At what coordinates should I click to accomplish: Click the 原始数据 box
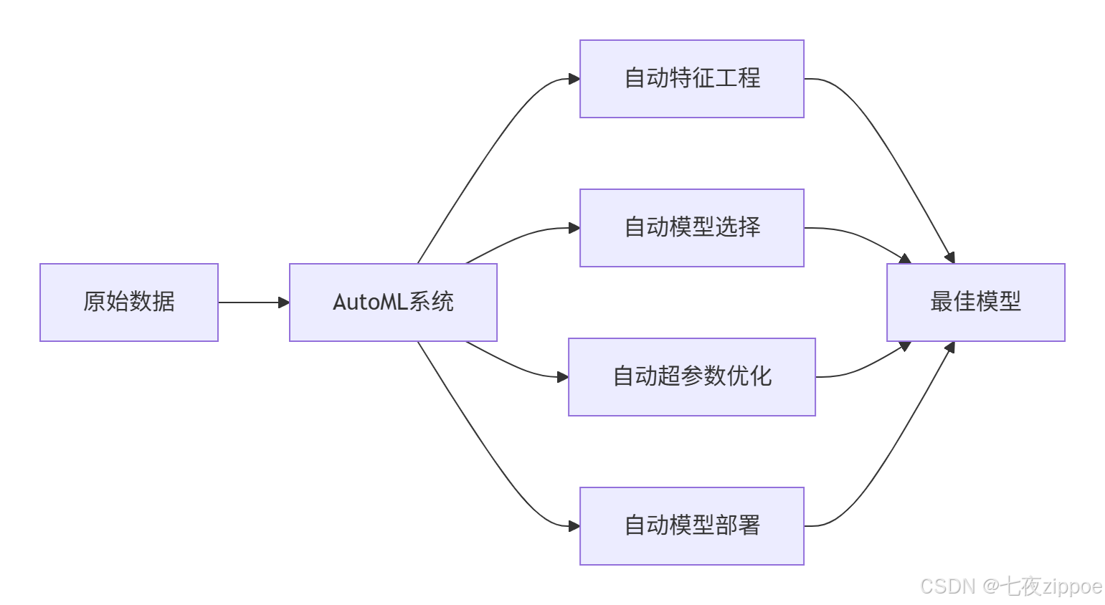(129, 302)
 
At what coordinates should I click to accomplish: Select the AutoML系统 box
(393, 302)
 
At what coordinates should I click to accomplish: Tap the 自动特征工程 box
(691, 79)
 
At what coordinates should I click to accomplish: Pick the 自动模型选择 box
(691, 228)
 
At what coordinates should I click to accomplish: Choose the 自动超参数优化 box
(691, 376)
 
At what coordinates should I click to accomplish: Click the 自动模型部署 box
(691, 525)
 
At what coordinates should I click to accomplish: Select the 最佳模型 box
(975, 302)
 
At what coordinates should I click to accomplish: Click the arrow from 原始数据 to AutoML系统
(251, 302)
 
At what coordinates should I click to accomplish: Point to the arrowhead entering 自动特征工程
(574, 79)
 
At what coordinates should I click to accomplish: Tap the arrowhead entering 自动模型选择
(574, 228)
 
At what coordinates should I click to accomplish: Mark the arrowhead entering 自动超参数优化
(562, 376)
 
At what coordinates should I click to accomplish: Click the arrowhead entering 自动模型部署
(574, 526)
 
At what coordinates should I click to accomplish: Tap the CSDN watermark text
(947, 586)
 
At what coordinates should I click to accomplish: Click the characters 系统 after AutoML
(431, 302)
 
